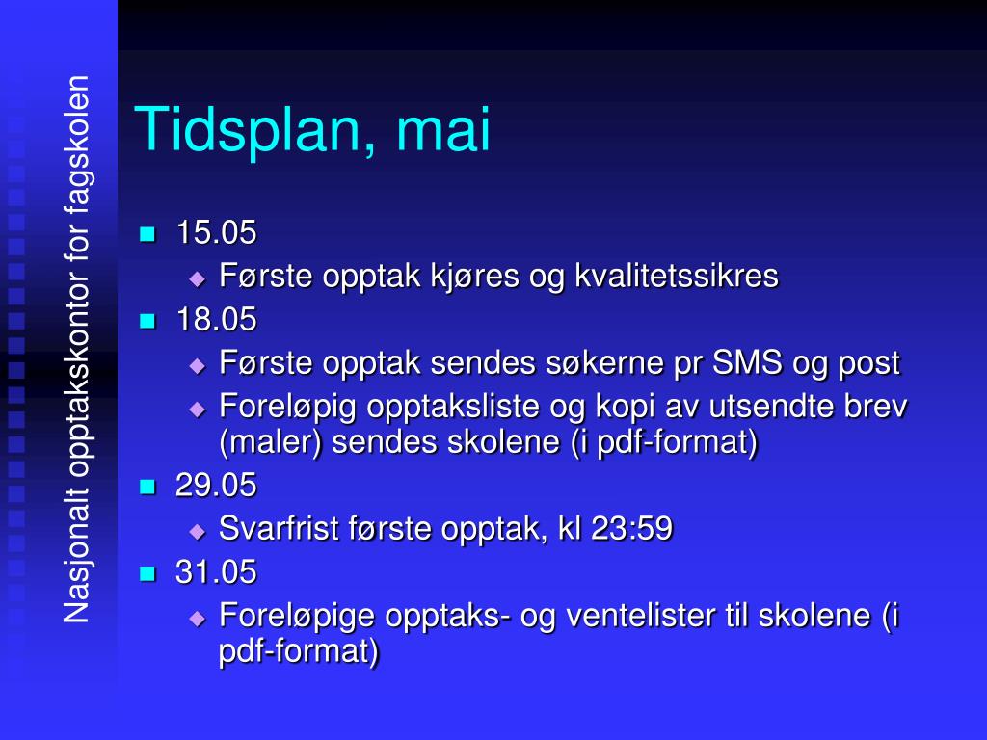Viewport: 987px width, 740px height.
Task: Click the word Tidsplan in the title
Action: point(247,132)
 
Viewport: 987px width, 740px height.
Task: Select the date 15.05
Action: point(216,232)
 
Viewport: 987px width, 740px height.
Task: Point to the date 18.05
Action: point(216,320)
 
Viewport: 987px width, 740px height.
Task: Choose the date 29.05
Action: point(216,486)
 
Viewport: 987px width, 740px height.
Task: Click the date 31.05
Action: point(216,572)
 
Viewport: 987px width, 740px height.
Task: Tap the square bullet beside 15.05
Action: point(147,233)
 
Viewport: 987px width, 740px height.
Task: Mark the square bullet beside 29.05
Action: point(147,487)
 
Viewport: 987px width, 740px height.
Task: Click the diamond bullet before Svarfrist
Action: point(198,531)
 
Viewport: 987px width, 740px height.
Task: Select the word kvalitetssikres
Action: point(677,277)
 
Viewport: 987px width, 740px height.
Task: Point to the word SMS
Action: point(748,363)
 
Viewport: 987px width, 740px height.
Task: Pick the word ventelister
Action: point(632,616)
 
